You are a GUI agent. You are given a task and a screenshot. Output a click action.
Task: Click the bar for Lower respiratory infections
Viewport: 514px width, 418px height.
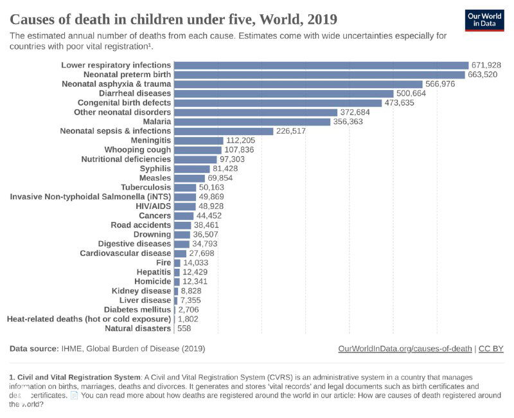321,65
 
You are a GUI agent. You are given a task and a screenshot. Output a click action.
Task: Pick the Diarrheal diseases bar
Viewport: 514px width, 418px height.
283,93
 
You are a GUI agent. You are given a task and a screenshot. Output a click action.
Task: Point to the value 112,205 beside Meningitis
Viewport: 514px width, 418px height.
241,140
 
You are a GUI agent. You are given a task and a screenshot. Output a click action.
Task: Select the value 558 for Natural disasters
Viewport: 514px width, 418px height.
184,329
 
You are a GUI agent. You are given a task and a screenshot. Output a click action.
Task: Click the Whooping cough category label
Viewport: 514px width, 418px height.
137,150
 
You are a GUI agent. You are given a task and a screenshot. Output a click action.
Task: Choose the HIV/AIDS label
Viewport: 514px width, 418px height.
153,206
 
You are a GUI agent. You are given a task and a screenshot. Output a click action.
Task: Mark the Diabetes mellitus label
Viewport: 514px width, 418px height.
137,310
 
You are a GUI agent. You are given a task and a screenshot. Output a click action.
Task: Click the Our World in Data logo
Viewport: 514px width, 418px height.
484,19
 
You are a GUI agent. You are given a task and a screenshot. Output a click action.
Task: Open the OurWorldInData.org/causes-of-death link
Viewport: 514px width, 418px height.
405,349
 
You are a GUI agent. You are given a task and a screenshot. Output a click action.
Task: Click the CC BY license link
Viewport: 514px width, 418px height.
491,349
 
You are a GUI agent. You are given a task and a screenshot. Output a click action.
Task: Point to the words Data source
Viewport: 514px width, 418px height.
33,349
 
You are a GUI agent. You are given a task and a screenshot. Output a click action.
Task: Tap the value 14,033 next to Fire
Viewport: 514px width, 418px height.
196,262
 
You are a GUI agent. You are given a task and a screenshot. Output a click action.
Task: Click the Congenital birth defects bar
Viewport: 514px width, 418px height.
278,103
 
